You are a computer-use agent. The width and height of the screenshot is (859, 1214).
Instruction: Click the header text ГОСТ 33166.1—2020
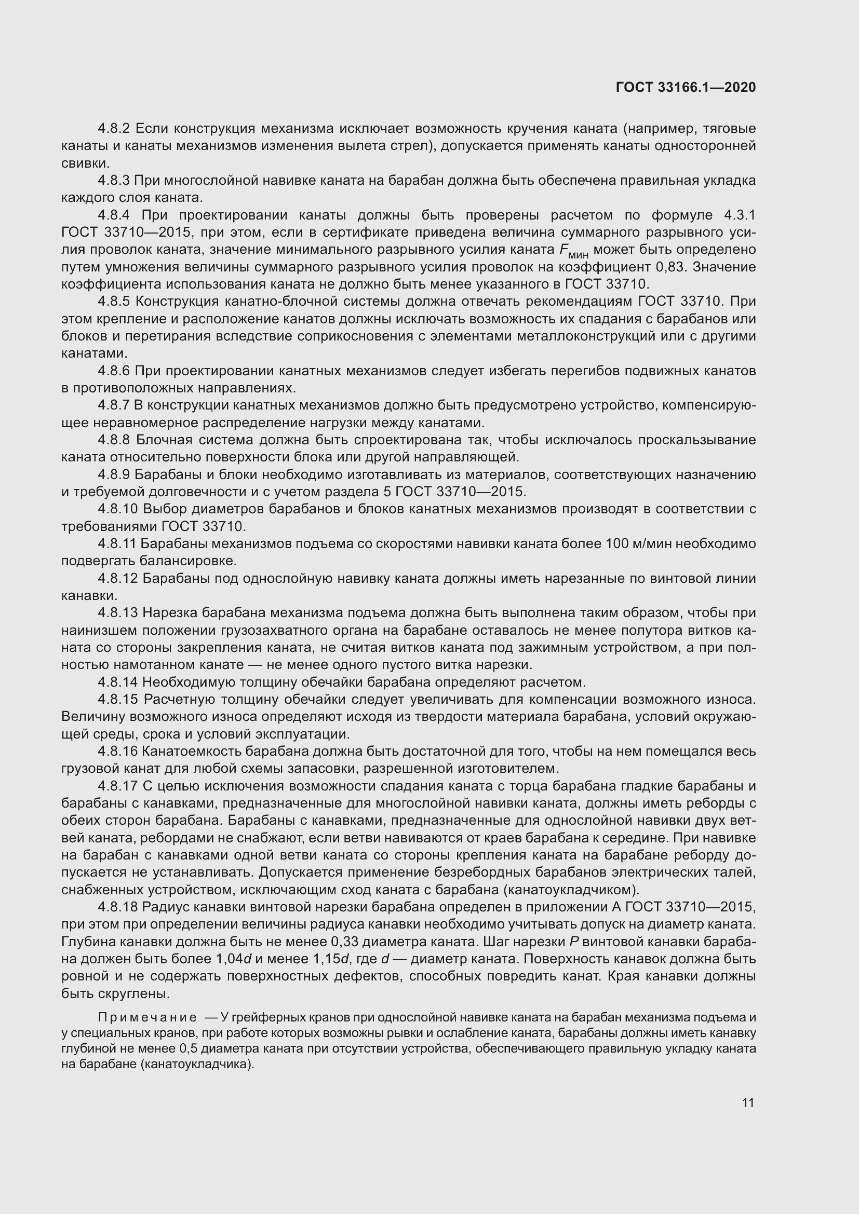[x=686, y=87]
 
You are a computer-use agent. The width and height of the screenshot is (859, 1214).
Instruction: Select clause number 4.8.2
[x=114, y=129]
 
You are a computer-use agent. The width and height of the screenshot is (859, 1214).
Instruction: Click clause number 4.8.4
[x=114, y=215]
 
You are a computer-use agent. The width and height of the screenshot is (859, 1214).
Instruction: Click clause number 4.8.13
[x=117, y=613]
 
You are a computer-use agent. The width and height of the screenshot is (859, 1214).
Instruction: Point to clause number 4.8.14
[x=117, y=683]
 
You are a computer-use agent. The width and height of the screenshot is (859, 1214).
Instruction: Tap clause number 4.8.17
[x=117, y=787]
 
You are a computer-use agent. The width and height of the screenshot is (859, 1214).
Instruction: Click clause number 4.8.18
[x=117, y=907]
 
